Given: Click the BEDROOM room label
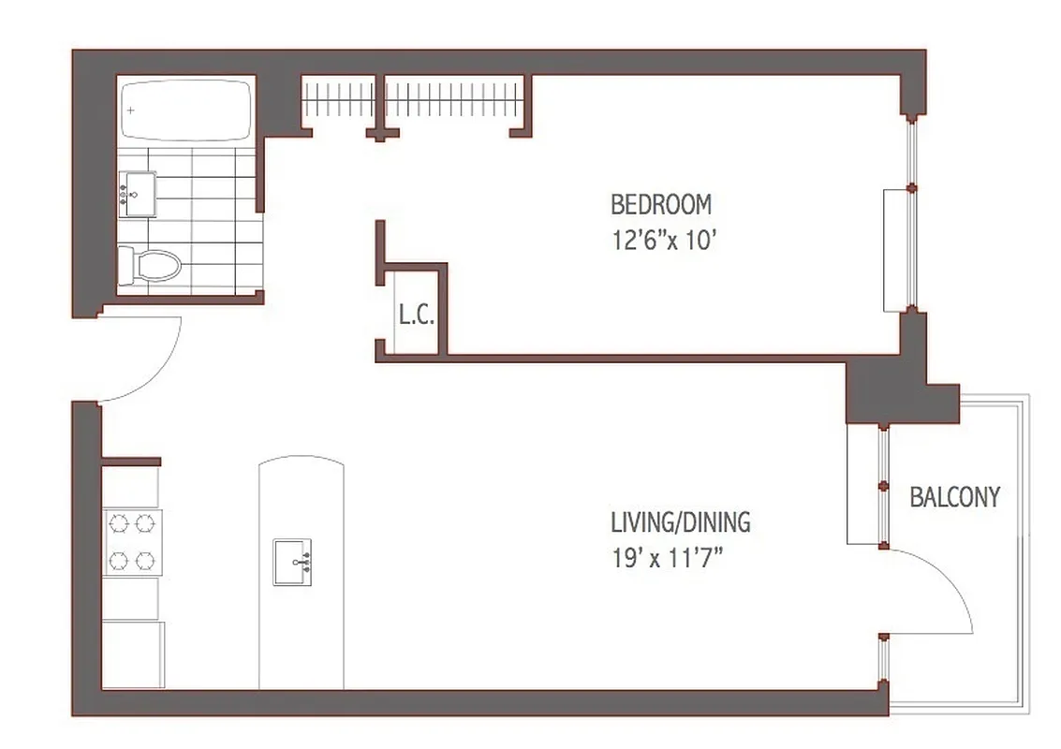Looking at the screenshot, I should tap(660, 203).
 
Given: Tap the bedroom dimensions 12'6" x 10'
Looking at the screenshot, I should tap(664, 240).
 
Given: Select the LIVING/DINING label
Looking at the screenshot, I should tap(680, 521).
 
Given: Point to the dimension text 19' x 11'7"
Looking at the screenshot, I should tap(668, 559).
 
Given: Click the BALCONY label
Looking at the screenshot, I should tap(954, 496).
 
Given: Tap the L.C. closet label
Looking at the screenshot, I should tap(416, 315).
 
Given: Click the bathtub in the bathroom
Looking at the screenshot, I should tap(187, 110).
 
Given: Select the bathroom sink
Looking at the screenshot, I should tap(137, 195).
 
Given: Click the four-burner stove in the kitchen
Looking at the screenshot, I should tap(131, 543).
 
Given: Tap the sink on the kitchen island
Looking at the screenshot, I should tap(292, 562).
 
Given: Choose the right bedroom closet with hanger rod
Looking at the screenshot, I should tap(453, 98).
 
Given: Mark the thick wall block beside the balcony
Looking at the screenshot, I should tap(885, 389).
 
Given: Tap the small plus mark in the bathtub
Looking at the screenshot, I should tap(131, 110).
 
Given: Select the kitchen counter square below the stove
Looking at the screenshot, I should tap(130, 598).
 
